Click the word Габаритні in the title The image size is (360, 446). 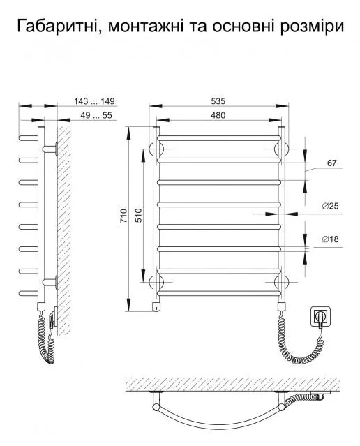point(58,26)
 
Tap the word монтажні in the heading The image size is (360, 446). point(147,27)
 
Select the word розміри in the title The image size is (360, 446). point(312,27)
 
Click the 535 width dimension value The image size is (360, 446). point(218,101)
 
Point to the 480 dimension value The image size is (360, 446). point(218,115)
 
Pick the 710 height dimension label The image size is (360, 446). point(123,216)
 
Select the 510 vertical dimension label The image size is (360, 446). point(138,216)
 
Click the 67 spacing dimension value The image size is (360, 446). point(331,163)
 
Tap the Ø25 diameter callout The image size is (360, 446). point(331,206)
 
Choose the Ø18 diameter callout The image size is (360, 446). point(331,239)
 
